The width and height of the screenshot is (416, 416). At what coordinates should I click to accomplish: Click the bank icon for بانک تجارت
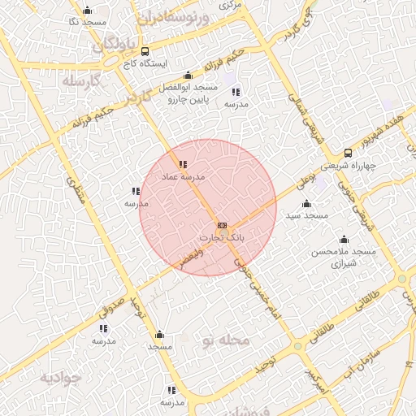tap(222, 225)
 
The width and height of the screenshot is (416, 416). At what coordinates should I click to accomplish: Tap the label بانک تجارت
tap(222, 237)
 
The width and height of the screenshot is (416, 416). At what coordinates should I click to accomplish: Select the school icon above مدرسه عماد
tap(181, 165)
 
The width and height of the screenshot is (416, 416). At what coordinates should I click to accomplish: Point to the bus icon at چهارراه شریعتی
tap(348, 152)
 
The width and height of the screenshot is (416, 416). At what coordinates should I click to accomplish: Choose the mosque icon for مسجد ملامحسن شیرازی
tap(344, 239)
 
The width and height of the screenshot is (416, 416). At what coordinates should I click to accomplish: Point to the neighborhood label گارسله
tap(79, 81)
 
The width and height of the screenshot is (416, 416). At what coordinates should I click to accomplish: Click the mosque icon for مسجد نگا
tap(87, 10)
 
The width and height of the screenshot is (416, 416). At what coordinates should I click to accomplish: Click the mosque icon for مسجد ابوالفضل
tap(189, 75)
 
